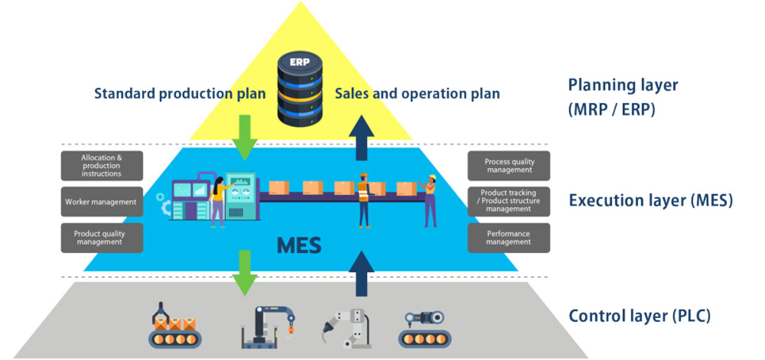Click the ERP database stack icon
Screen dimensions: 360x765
(300, 89)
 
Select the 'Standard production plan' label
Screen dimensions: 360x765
(180, 94)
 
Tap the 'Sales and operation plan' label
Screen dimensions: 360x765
(418, 94)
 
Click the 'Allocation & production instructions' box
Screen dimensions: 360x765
(102, 166)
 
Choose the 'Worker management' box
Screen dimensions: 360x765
(102, 202)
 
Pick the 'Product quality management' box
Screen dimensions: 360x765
(102, 238)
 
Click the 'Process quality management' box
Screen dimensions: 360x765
(509, 166)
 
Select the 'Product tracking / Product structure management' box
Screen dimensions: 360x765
(509, 201)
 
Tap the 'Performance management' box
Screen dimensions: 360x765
(509, 238)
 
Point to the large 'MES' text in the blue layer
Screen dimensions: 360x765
(299, 245)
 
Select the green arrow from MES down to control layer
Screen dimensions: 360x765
(244, 271)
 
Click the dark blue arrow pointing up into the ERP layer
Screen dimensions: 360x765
(361, 137)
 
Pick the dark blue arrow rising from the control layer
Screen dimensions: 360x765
(361, 273)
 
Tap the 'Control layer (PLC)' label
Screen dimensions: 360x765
(639, 315)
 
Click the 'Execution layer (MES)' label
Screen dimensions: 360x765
(650, 201)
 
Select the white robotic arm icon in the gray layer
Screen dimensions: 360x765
(347, 326)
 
